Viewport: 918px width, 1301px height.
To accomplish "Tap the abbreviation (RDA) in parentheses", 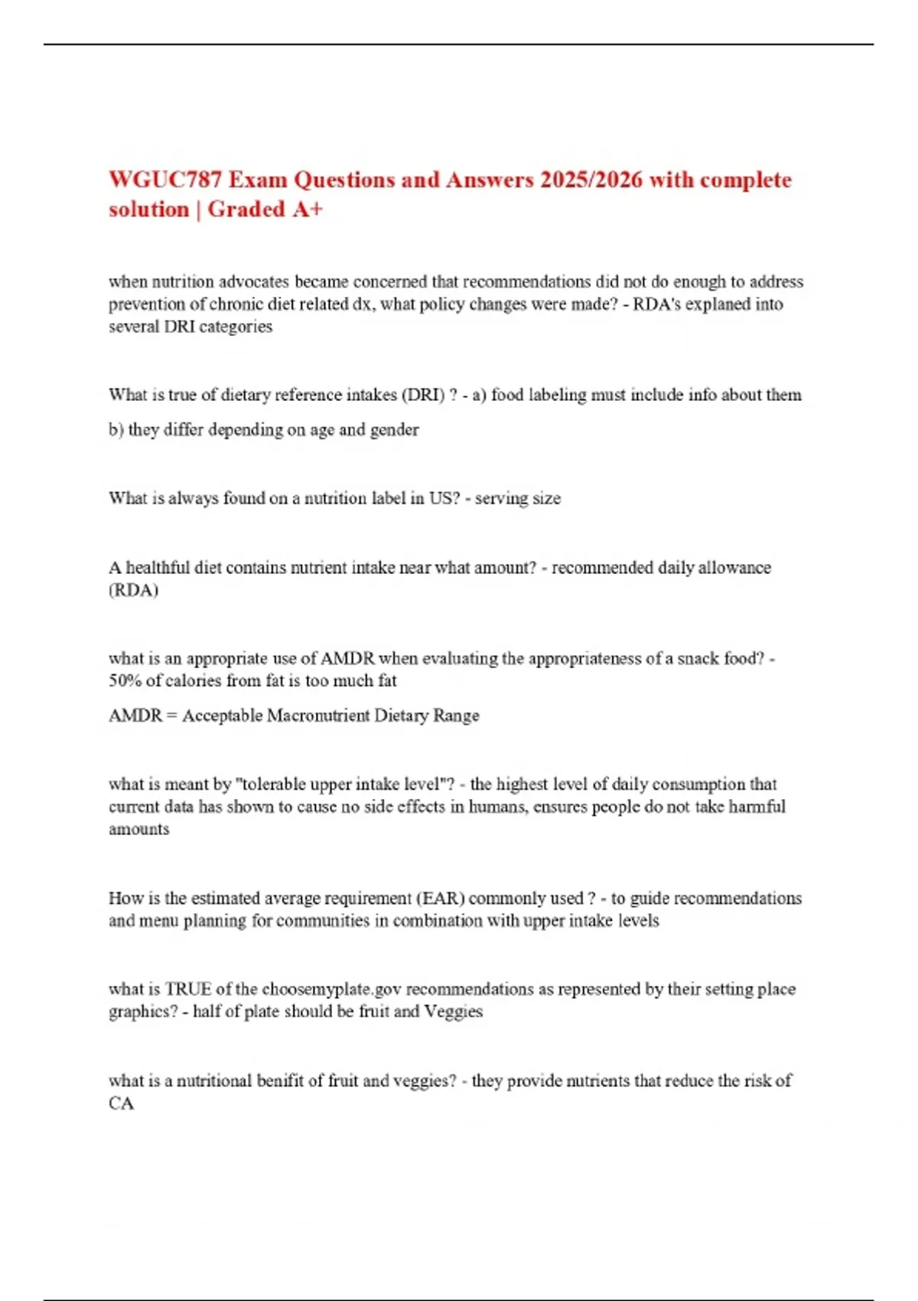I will click(133, 590).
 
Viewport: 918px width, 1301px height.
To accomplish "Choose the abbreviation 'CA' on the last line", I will click(121, 1104).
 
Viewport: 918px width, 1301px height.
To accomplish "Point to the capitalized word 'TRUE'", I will click(188, 989).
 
